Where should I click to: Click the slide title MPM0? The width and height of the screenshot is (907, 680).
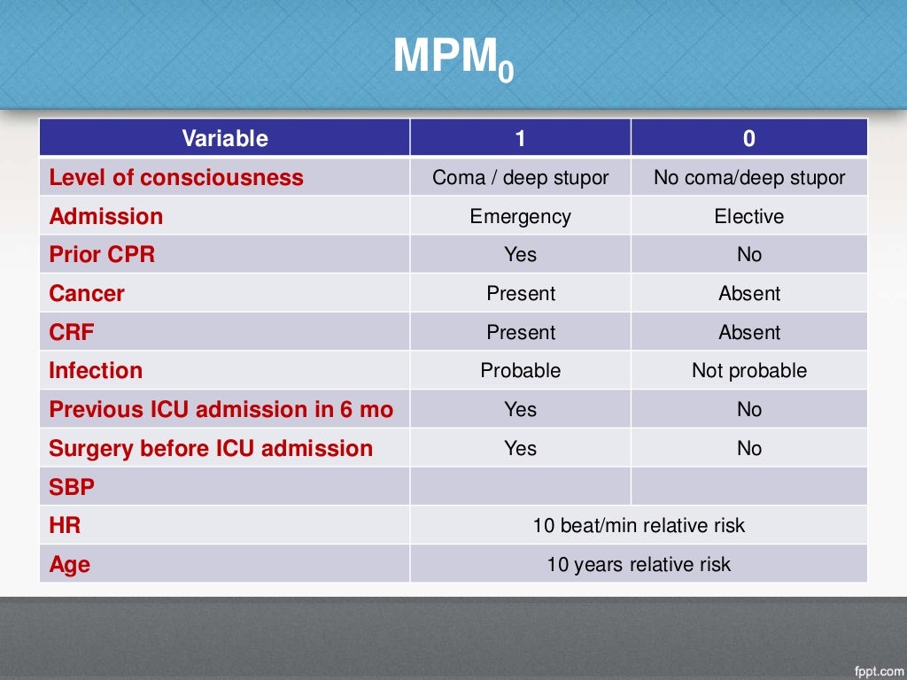click(x=453, y=58)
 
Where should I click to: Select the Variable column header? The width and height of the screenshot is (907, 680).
click(x=224, y=138)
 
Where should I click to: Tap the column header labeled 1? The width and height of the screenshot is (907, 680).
click(x=520, y=138)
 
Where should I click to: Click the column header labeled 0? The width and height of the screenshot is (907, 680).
click(x=748, y=138)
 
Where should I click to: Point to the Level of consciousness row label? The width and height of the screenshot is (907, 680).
click(x=176, y=177)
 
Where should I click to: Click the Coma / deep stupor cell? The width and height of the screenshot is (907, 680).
click(x=520, y=177)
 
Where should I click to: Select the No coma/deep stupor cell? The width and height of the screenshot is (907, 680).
click(x=748, y=177)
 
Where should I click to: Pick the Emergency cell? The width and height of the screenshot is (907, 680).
click(x=520, y=216)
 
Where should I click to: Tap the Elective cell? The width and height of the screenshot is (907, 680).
click(x=748, y=216)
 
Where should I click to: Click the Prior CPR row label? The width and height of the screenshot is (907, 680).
click(x=102, y=254)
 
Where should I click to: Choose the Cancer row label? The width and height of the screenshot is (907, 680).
click(x=87, y=293)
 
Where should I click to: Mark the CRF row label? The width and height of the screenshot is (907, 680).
click(x=72, y=332)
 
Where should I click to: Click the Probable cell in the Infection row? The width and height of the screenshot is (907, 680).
click(x=520, y=370)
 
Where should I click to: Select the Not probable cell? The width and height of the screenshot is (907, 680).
click(x=748, y=370)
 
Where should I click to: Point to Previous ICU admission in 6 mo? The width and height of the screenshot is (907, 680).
click(x=221, y=409)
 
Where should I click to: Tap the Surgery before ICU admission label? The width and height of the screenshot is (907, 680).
click(x=211, y=448)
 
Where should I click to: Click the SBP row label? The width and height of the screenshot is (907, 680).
click(x=72, y=486)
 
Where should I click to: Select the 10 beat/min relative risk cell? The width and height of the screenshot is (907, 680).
click(x=639, y=525)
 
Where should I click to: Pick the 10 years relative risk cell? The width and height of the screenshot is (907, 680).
click(x=639, y=564)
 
